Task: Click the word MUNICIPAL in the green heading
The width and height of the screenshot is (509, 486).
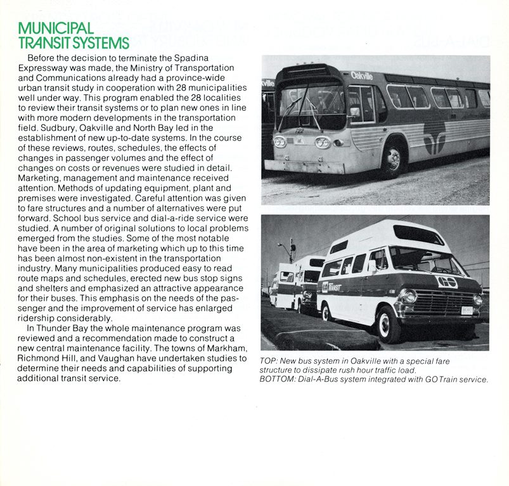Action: pos(56,28)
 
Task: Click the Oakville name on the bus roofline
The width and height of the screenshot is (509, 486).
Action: pos(362,75)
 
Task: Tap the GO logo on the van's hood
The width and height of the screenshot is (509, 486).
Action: pos(447,282)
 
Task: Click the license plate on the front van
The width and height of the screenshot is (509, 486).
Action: pos(467,310)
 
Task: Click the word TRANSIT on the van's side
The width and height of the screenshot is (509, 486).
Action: pos(335,287)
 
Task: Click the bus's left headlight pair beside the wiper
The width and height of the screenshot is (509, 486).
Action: pos(280,142)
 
